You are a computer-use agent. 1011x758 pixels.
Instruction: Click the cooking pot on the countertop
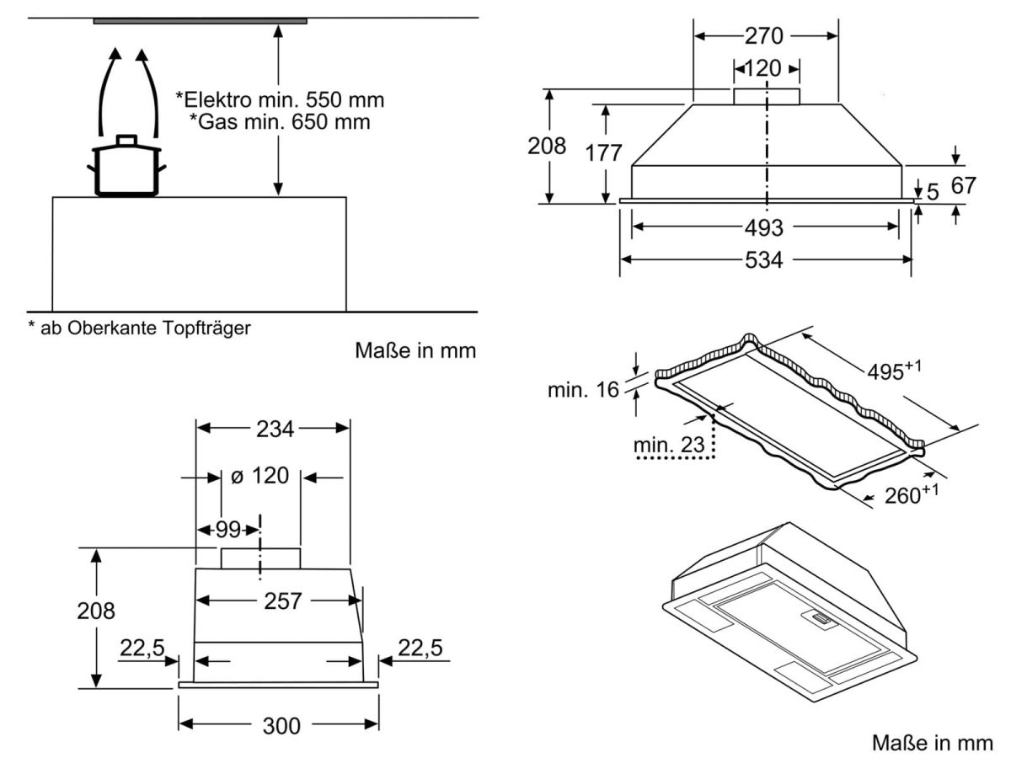coord(126,168)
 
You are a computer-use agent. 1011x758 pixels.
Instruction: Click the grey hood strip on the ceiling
coord(200,20)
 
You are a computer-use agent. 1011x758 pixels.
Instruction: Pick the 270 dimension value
coord(765,36)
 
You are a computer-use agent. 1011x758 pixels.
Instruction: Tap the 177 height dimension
coord(604,153)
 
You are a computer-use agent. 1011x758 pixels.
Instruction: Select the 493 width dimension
coord(765,227)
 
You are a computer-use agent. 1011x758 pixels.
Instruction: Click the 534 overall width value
coord(765,260)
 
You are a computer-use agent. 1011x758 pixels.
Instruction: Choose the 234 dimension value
coord(273,429)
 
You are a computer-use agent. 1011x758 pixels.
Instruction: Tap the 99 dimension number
coord(227,529)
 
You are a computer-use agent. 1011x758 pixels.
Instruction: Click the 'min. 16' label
coord(582,390)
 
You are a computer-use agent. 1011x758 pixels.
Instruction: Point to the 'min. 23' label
coord(669,445)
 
